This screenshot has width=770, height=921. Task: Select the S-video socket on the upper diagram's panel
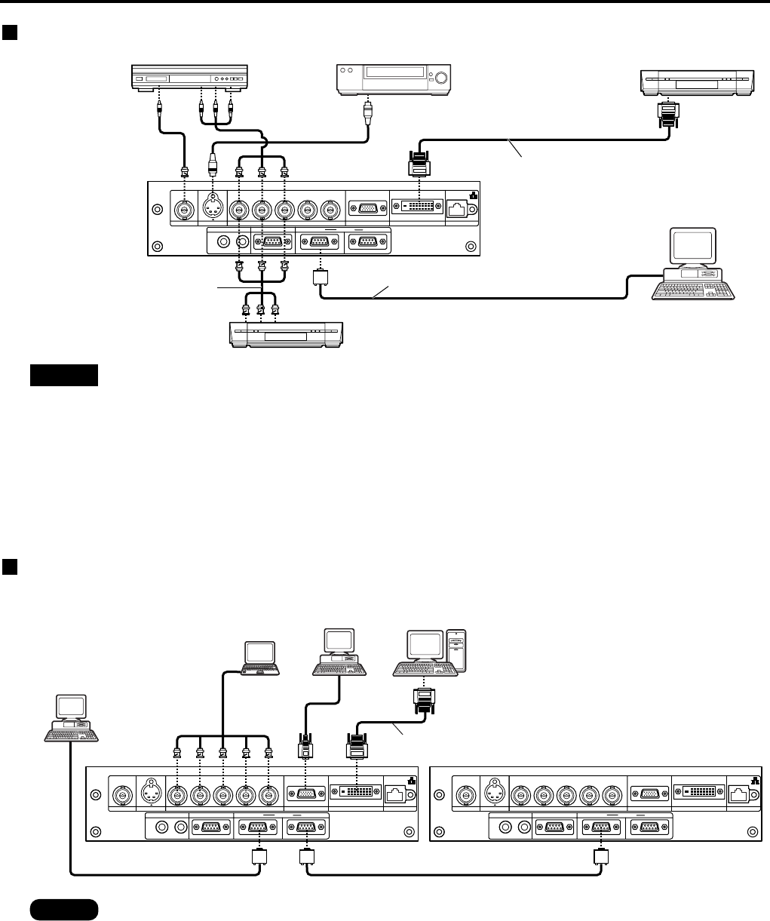tap(212, 209)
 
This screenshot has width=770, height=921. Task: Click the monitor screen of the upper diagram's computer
tap(693, 247)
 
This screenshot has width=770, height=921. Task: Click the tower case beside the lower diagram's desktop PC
tap(458, 649)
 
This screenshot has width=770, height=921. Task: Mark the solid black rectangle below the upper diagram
tap(64, 375)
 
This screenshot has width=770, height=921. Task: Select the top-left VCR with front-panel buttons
tap(190, 78)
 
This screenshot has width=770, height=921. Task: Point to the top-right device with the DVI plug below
tap(696, 81)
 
